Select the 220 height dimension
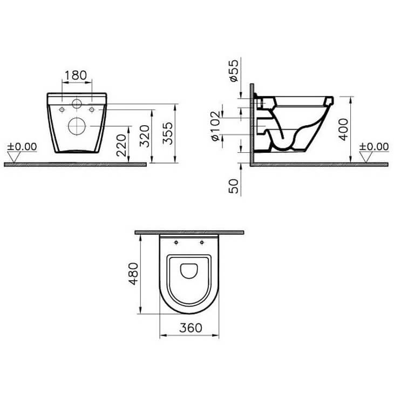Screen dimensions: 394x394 pyautogui.click(x=122, y=144)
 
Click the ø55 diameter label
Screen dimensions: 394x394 pyautogui.click(x=234, y=71)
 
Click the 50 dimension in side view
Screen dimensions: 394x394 pyautogui.click(x=233, y=186)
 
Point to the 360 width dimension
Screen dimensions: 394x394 pyautogui.click(x=189, y=328)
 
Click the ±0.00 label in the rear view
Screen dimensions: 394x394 pyautogui.click(x=22, y=147)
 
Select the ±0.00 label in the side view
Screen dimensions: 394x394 pyautogui.click(x=373, y=147)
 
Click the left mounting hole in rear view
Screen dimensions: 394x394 pyautogui.click(x=63, y=110)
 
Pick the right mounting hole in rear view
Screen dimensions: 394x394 pyautogui.click(x=92, y=110)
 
